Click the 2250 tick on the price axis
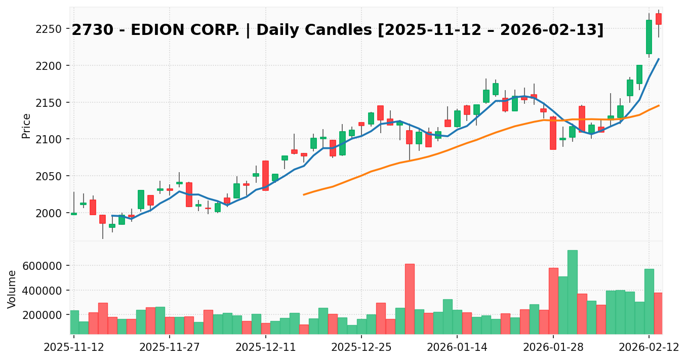51,29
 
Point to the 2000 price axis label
51,213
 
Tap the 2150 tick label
51,103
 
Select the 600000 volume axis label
44,266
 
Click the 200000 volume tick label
44,315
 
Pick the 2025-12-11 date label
265,347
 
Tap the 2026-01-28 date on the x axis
553,347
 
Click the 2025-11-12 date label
74,347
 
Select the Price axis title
26,126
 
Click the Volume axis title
12,289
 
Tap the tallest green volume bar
572,292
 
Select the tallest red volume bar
410,299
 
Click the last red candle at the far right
659,19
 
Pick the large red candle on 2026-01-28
553,133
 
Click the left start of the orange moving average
304,194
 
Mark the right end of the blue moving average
659,59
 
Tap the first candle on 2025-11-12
74,214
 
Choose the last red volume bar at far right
658,313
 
